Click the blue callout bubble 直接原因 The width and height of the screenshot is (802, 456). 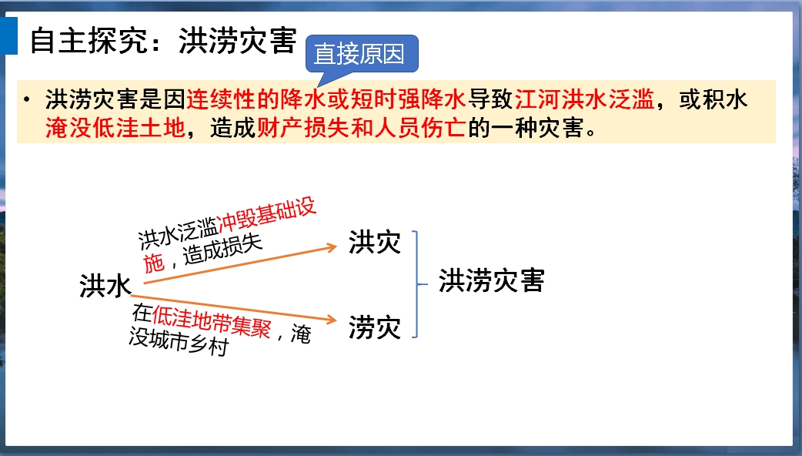tap(362, 54)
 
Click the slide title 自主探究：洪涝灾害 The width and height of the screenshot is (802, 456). tap(163, 40)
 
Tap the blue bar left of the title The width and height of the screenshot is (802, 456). tap(9, 36)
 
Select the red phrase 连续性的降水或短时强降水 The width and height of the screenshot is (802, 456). tap(326, 99)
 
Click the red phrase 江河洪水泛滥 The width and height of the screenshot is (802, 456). tap(585, 99)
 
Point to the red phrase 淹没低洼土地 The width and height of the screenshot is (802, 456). tap(115, 128)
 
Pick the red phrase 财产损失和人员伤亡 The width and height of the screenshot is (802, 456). tap(361, 128)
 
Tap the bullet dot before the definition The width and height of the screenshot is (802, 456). tap(27, 99)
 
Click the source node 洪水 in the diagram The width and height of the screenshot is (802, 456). tap(105, 286)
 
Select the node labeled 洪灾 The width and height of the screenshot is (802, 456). tap(374, 242)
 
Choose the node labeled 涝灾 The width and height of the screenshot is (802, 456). tap(374, 327)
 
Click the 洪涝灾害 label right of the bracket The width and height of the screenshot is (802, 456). tap(492, 280)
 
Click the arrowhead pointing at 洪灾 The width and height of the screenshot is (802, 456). tap(332, 248)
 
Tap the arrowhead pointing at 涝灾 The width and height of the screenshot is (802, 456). tap(332, 320)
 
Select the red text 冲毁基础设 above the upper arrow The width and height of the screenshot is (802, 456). tap(266, 214)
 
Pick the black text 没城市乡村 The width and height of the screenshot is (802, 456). tap(178, 341)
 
